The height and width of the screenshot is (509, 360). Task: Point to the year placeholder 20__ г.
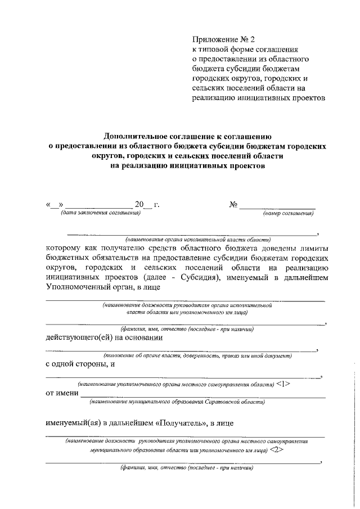pos(147,204)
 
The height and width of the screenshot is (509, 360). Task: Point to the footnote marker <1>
pos(283,384)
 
